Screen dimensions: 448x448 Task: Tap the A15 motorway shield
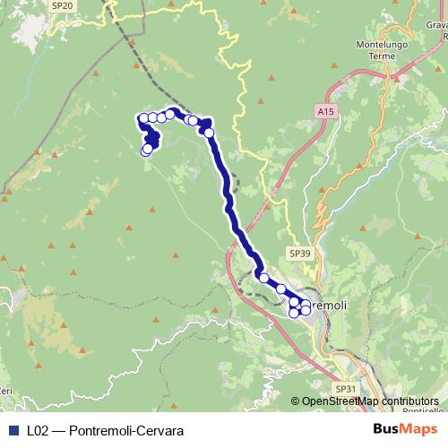(325, 111)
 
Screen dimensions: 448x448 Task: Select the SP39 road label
(300, 254)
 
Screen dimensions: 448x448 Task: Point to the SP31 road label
(345, 389)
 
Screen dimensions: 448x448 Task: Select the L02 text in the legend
(38, 431)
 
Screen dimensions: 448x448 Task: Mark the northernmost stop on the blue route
(169, 114)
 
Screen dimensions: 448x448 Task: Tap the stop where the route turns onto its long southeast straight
(209, 133)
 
